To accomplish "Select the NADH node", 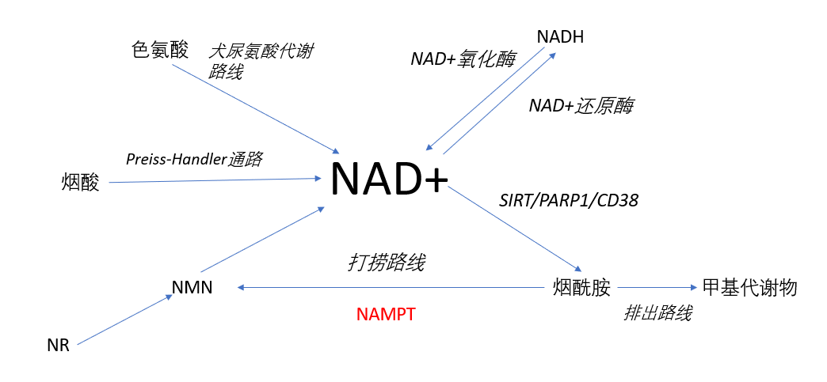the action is click(560, 37).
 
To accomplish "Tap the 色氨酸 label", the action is click(159, 51).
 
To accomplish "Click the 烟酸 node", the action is click(80, 183).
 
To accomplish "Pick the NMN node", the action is click(192, 288).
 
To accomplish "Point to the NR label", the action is click(58, 346).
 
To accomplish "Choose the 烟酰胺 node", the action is click(581, 288).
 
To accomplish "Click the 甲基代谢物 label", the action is click(749, 288).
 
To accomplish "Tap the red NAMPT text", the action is click(386, 315).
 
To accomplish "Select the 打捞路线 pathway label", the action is click(386, 263).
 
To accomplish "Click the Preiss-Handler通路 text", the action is click(194, 159).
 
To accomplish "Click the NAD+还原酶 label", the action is click(581, 106).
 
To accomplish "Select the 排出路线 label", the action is click(657, 313).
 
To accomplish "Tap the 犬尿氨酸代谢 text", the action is click(261, 51).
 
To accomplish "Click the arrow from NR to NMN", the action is click(125, 320).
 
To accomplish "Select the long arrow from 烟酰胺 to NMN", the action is click(391, 288).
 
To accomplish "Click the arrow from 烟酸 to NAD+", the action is click(215, 180).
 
